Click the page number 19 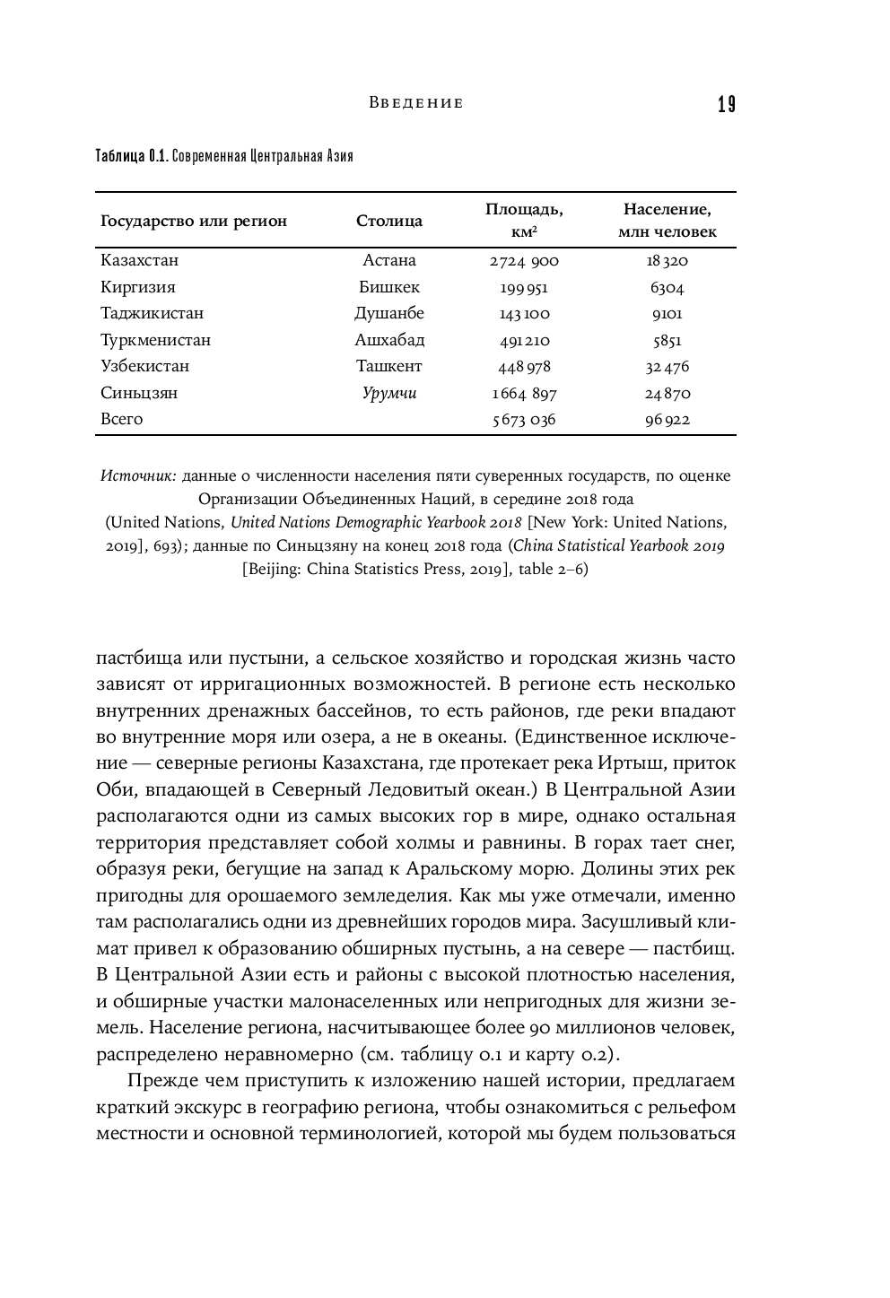tap(726, 105)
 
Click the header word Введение tap(416, 103)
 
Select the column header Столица tap(389, 221)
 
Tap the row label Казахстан tap(140, 260)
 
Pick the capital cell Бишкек tap(389, 287)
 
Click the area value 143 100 tap(524, 314)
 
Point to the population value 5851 tap(667, 341)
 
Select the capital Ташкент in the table tap(389, 366)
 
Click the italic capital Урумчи tap(389, 393)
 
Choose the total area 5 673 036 tap(524, 420)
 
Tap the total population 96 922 tap(667, 420)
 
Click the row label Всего tap(122, 419)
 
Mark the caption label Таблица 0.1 tap(131, 156)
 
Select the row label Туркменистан tap(156, 340)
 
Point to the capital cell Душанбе tap(389, 313)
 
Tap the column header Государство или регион tap(194, 221)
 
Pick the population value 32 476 tap(667, 367)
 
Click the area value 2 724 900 tap(524, 261)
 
